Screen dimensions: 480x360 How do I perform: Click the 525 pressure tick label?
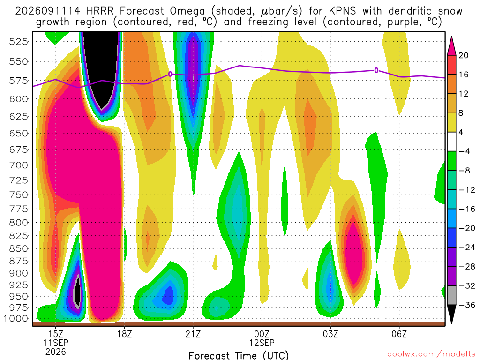[18, 41]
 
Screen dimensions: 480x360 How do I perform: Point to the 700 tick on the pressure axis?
[18, 165]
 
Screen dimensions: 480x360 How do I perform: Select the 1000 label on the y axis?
[15, 319]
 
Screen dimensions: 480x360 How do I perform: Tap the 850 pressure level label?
[18, 248]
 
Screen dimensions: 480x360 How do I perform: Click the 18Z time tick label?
[124, 334]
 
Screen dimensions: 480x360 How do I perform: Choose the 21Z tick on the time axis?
[193, 334]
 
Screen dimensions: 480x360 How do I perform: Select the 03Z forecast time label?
[330, 334]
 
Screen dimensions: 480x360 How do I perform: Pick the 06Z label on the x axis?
[399, 334]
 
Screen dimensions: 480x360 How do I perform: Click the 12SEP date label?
[262, 343]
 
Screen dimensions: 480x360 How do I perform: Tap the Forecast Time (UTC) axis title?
[239, 355]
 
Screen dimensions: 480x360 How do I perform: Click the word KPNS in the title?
[342, 11]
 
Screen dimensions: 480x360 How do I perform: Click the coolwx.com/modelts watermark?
[431, 354]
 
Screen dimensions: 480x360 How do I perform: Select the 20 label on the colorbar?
[464, 55]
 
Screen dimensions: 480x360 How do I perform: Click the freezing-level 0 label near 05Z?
[376, 71]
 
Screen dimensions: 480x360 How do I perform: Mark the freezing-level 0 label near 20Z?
[170, 74]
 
